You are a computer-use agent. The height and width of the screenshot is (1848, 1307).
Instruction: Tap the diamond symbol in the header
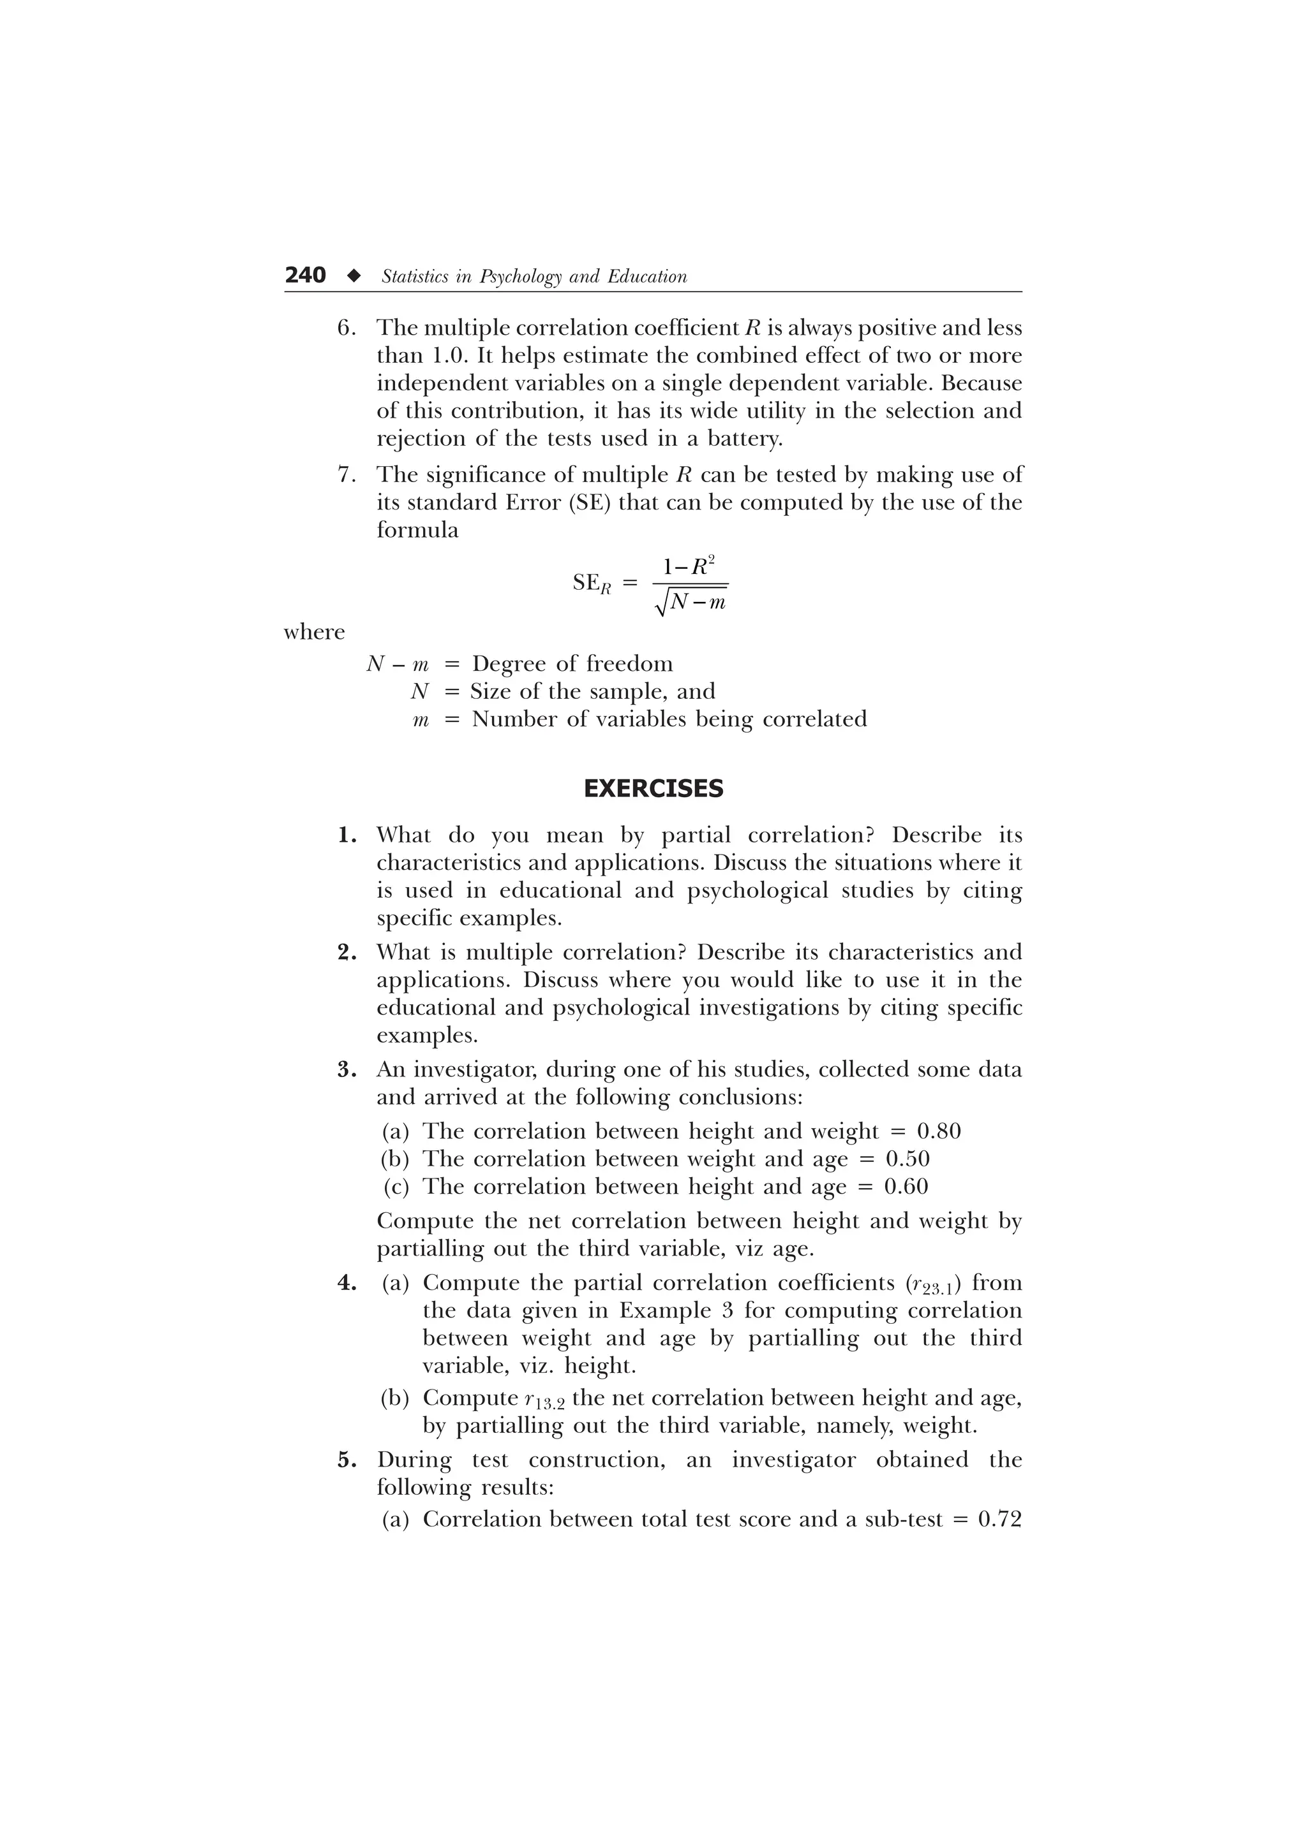pos(353,276)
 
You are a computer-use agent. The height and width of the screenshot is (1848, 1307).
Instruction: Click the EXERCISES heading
pos(653,788)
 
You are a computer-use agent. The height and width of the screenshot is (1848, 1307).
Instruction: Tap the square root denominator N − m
pos(698,601)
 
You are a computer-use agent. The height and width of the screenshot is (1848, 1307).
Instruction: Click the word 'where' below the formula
pos(314,632)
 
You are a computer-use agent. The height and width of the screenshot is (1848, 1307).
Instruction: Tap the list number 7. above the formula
pos(347,475)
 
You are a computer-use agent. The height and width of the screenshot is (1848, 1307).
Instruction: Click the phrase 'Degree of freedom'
pos(572,663)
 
